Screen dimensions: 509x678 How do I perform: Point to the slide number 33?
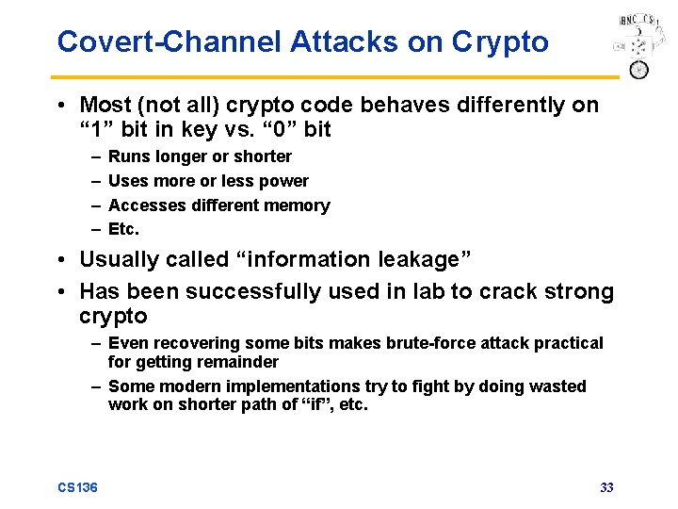pyautogui.click(x=606, y=487)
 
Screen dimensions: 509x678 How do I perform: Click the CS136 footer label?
pyautogui.click(x=77, y=487)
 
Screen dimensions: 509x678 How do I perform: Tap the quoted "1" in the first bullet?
pyautogui.click(x=95, y=129)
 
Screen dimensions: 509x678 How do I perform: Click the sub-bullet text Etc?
pyautogui.click(x=123, y=230)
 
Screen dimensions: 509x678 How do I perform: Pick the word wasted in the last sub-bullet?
pyautogui.click(x=553, y=386)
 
